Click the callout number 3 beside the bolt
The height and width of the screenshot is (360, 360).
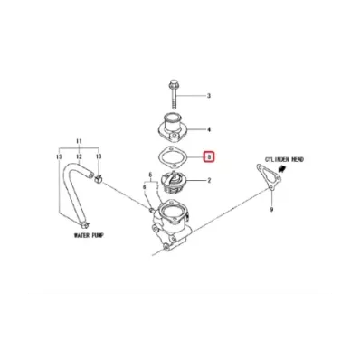(208, 96)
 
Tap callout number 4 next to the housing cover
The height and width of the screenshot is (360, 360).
(208, 129)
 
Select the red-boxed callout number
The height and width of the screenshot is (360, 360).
(209, 156)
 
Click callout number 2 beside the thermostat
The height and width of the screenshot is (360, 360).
(208, 181)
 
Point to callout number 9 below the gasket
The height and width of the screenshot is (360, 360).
(271, 210)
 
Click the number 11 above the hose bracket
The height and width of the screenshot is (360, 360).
(79, 141)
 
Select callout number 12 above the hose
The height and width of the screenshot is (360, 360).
(79, 156)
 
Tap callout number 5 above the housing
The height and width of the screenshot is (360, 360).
(150, 175)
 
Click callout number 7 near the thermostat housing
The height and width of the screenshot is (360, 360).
(157, 187)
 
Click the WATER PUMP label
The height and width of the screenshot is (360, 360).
(89, 235)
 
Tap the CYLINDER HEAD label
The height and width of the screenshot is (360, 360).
(284, 159)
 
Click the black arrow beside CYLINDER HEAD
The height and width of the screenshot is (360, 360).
(283, 169)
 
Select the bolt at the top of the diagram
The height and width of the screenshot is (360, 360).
(174, 94)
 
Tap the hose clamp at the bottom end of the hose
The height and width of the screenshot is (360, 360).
(84, 223)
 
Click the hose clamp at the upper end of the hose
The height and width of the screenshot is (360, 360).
(98, 178)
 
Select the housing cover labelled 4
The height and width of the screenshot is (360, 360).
(173, 128)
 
